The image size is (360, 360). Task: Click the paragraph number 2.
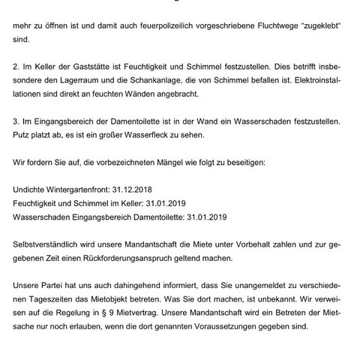pos(16,76)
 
